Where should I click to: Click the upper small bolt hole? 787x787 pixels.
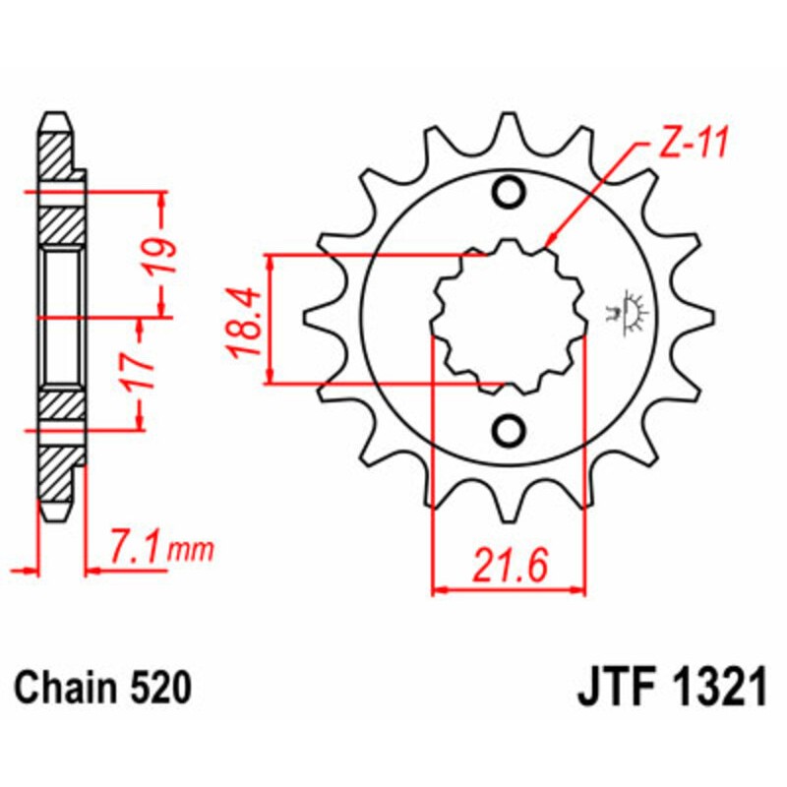509,193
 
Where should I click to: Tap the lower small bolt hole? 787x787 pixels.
509,430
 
